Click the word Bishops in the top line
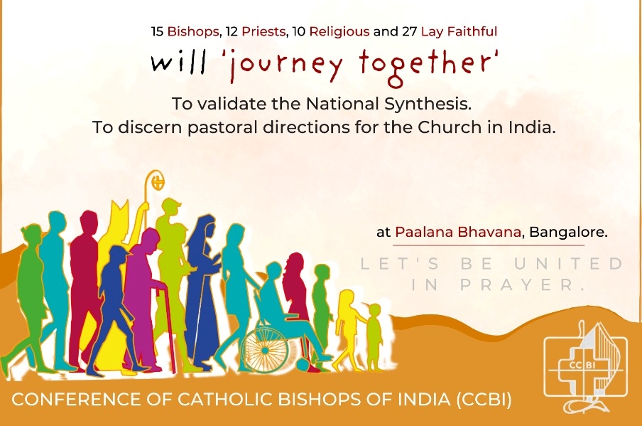193,31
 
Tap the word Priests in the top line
263,31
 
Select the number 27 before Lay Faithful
409,31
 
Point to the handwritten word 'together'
428,65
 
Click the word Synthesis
428,104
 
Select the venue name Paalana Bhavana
458,232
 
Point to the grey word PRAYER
522,284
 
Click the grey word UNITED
568,264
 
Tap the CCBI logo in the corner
585,367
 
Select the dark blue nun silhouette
202,291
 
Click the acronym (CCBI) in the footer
484,400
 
